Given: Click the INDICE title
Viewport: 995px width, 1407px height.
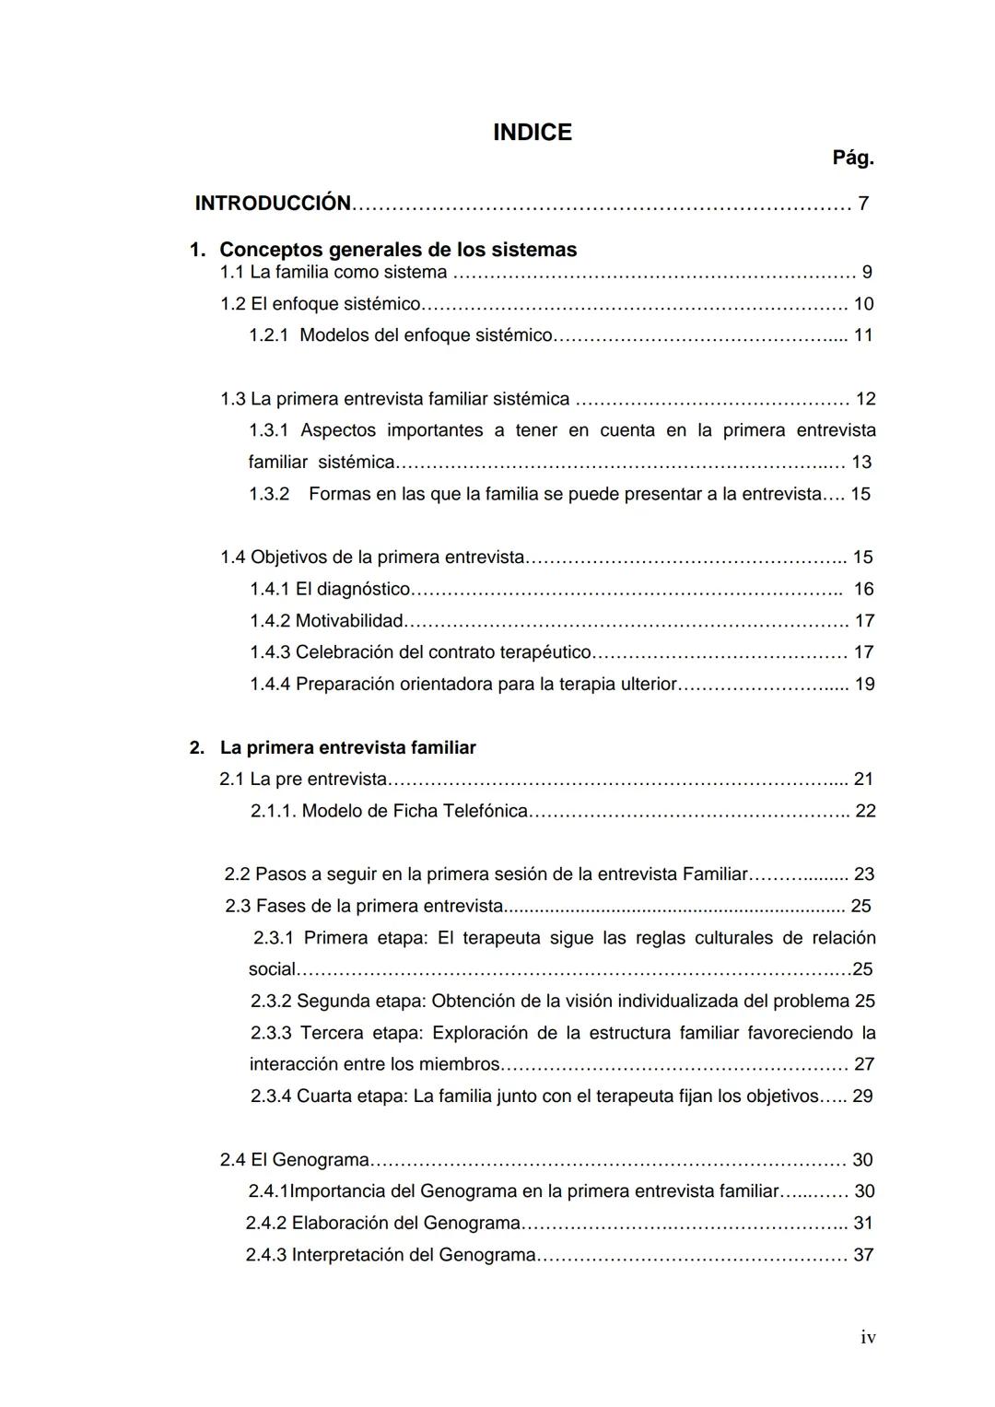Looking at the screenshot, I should click(x=532, y=133).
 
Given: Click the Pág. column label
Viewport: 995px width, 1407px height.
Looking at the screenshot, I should click(x=852, y=158).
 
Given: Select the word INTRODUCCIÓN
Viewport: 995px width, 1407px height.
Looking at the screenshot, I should click(x=273, y=204).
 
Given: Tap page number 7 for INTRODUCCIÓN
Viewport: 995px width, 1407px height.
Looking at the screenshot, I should click(x=863, y=204).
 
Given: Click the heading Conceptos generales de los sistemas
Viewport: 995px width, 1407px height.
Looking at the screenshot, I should click(x=398, y=250).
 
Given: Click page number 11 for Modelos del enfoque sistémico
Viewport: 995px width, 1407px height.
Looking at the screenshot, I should click(x=862, y=335).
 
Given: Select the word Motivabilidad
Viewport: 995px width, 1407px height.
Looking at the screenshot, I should click(x=349, y=621).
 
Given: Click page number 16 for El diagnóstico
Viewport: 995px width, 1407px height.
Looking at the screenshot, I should click(x=863, y=589).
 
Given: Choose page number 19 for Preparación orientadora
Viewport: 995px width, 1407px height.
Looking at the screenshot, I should click(x=864, y=685).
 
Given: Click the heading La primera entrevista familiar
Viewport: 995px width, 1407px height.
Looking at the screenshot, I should click(x=347, y=748).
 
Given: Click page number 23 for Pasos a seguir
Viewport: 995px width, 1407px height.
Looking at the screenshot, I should click(x=864, y=874).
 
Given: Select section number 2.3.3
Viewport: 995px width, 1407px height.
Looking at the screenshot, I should click(x=271, y=1033).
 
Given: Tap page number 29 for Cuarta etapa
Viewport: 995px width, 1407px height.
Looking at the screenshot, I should click(x=862, y=1096).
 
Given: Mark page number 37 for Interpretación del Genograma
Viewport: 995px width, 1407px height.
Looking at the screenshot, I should click(x=863, y=1255).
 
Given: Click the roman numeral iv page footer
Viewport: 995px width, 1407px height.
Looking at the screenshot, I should click(x=867, y=1338).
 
